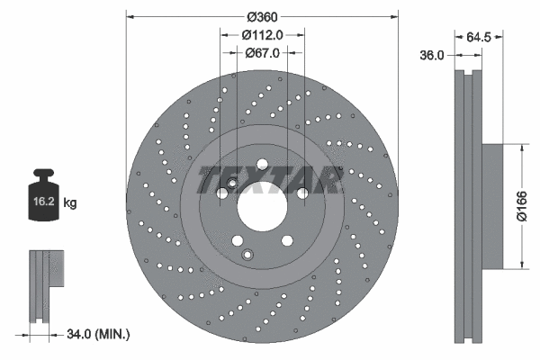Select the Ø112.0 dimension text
pos(263,34)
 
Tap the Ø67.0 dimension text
pos(263,53)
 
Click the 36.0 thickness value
pos(435,56)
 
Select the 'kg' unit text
pos(70,203)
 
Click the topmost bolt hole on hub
pos(262,164)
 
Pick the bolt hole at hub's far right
pos(302,192)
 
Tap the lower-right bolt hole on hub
pos(286,240)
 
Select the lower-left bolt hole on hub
pos(238,240)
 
